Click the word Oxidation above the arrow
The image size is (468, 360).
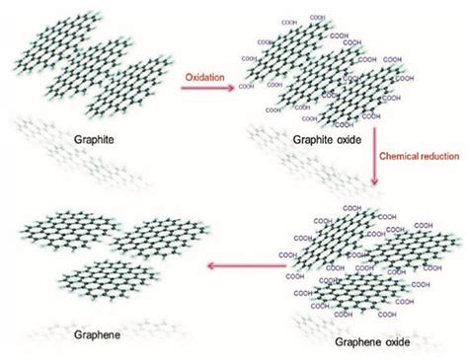pyautogui.click(x=206, y=75)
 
